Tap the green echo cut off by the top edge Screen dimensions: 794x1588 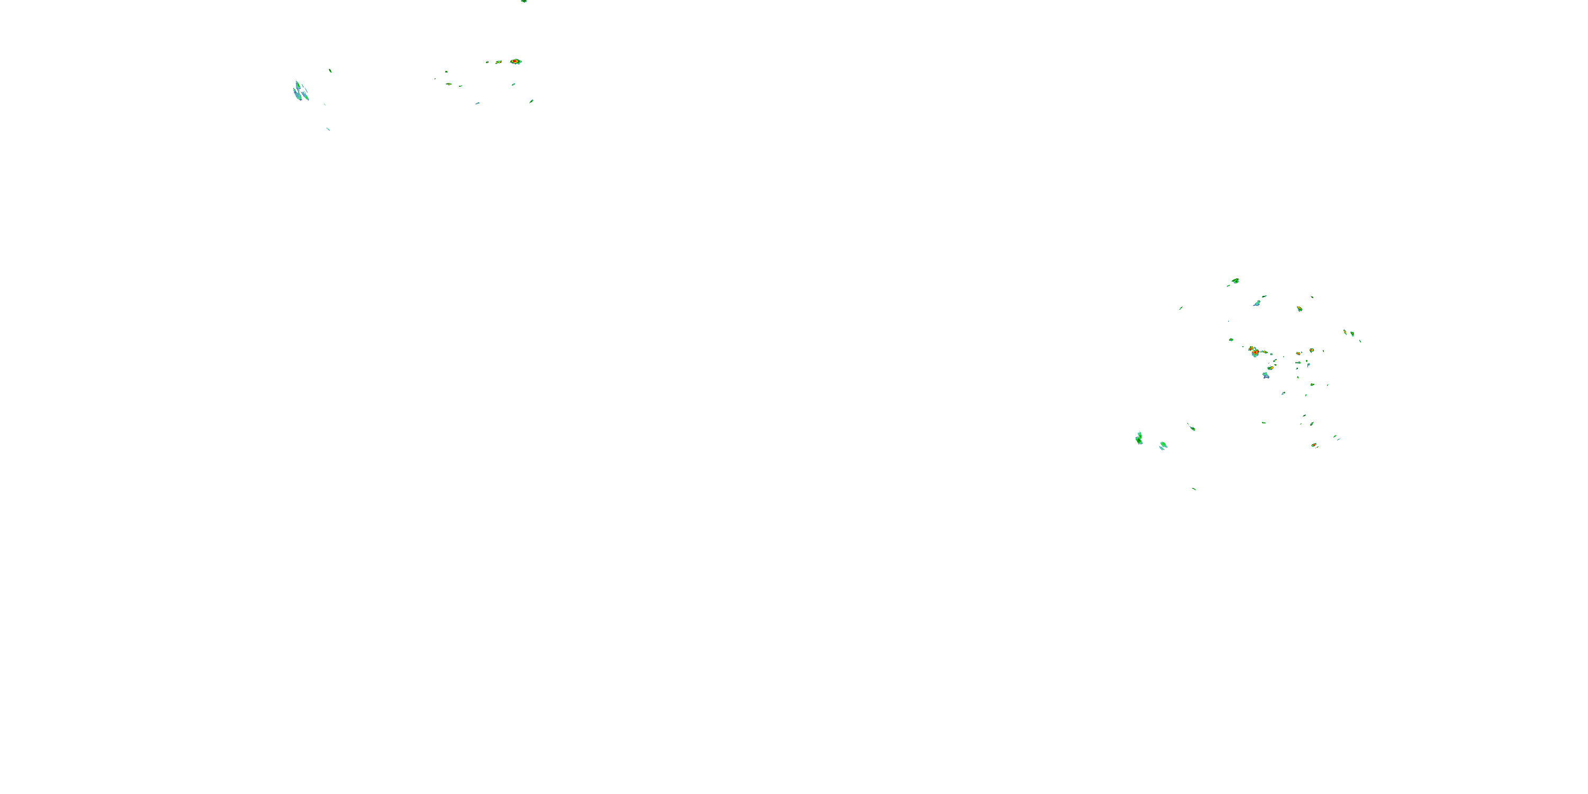pos(524,1)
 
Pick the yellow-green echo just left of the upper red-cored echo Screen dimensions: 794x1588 pos(498,62)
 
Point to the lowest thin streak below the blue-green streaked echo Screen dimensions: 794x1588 pos(328,129)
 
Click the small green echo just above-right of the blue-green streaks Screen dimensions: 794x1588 pos(330,71)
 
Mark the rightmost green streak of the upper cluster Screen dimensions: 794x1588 pos(531,101)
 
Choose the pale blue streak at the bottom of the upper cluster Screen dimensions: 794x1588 pos(477,103)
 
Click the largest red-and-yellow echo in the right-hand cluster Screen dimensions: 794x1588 pos(1253,351)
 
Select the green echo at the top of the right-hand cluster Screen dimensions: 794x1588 pos(1235,281)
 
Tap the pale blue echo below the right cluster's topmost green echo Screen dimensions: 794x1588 pos(1257,303)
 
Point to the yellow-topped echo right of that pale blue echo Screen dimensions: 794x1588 pos(1300,309)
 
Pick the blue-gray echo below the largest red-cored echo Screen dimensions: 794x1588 pos(1266,375)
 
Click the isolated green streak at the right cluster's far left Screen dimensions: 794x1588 pos(1180,308)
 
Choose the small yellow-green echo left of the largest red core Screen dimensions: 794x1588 pos(1231,340)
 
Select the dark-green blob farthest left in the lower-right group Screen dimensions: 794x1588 pos(1139,438)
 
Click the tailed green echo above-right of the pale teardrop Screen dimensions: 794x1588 pos(1192,427)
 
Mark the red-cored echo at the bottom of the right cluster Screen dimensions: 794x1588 pos(1314,445)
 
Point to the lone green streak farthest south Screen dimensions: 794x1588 pos(1194,489)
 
